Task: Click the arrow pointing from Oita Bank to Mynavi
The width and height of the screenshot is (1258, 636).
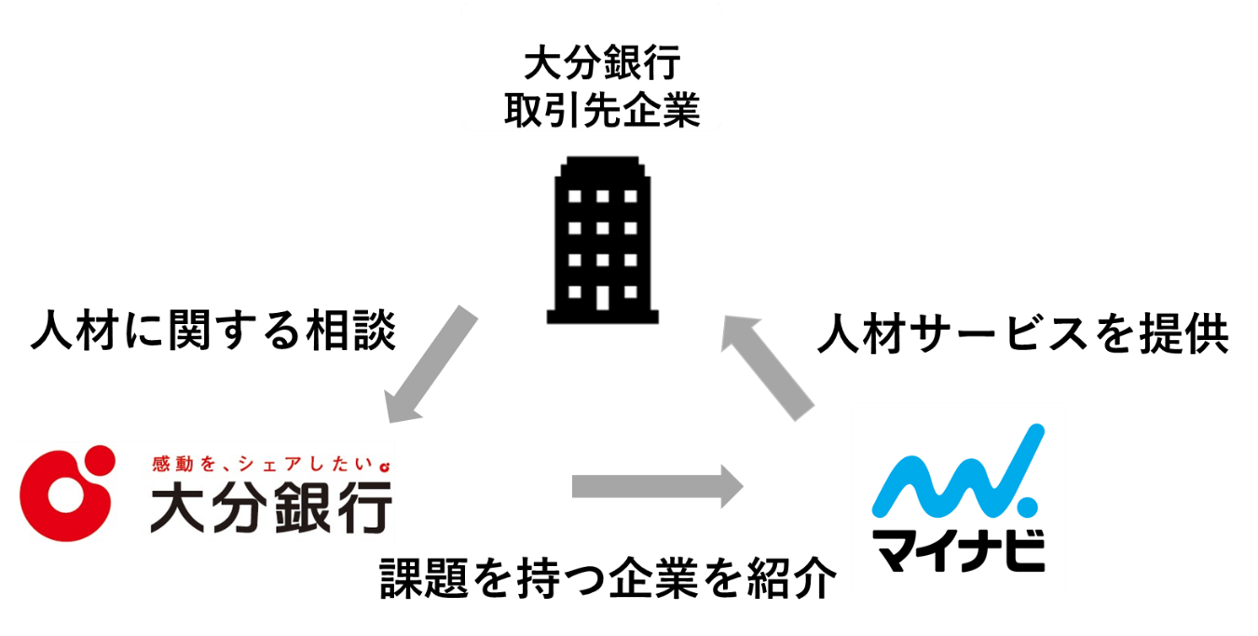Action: pyautogui.click(x=657, y=486)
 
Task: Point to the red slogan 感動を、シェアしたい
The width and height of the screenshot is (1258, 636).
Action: pyautogui.click(x=262, y=462)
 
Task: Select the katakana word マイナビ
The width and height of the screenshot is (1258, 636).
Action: pyautogui.click(x=958, y=551)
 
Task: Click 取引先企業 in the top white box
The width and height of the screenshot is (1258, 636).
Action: pyautogui.click(x=601, y=112)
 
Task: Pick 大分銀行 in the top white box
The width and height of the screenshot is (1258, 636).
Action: pyautogui.click(x=601, y=66)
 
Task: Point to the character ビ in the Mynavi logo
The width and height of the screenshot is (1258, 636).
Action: pyautogui.click(x=1022, y=551)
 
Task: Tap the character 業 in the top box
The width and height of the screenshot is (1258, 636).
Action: pyautogui.click(x=680, y=112)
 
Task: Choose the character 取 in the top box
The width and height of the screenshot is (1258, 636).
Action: pyautogui.click(x=523, y=112)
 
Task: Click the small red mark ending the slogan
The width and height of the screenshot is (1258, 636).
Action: pyautogui.click(x=383, y=463)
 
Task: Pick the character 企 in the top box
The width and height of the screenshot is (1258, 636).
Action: pyautogui.click(x=640, y=112)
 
